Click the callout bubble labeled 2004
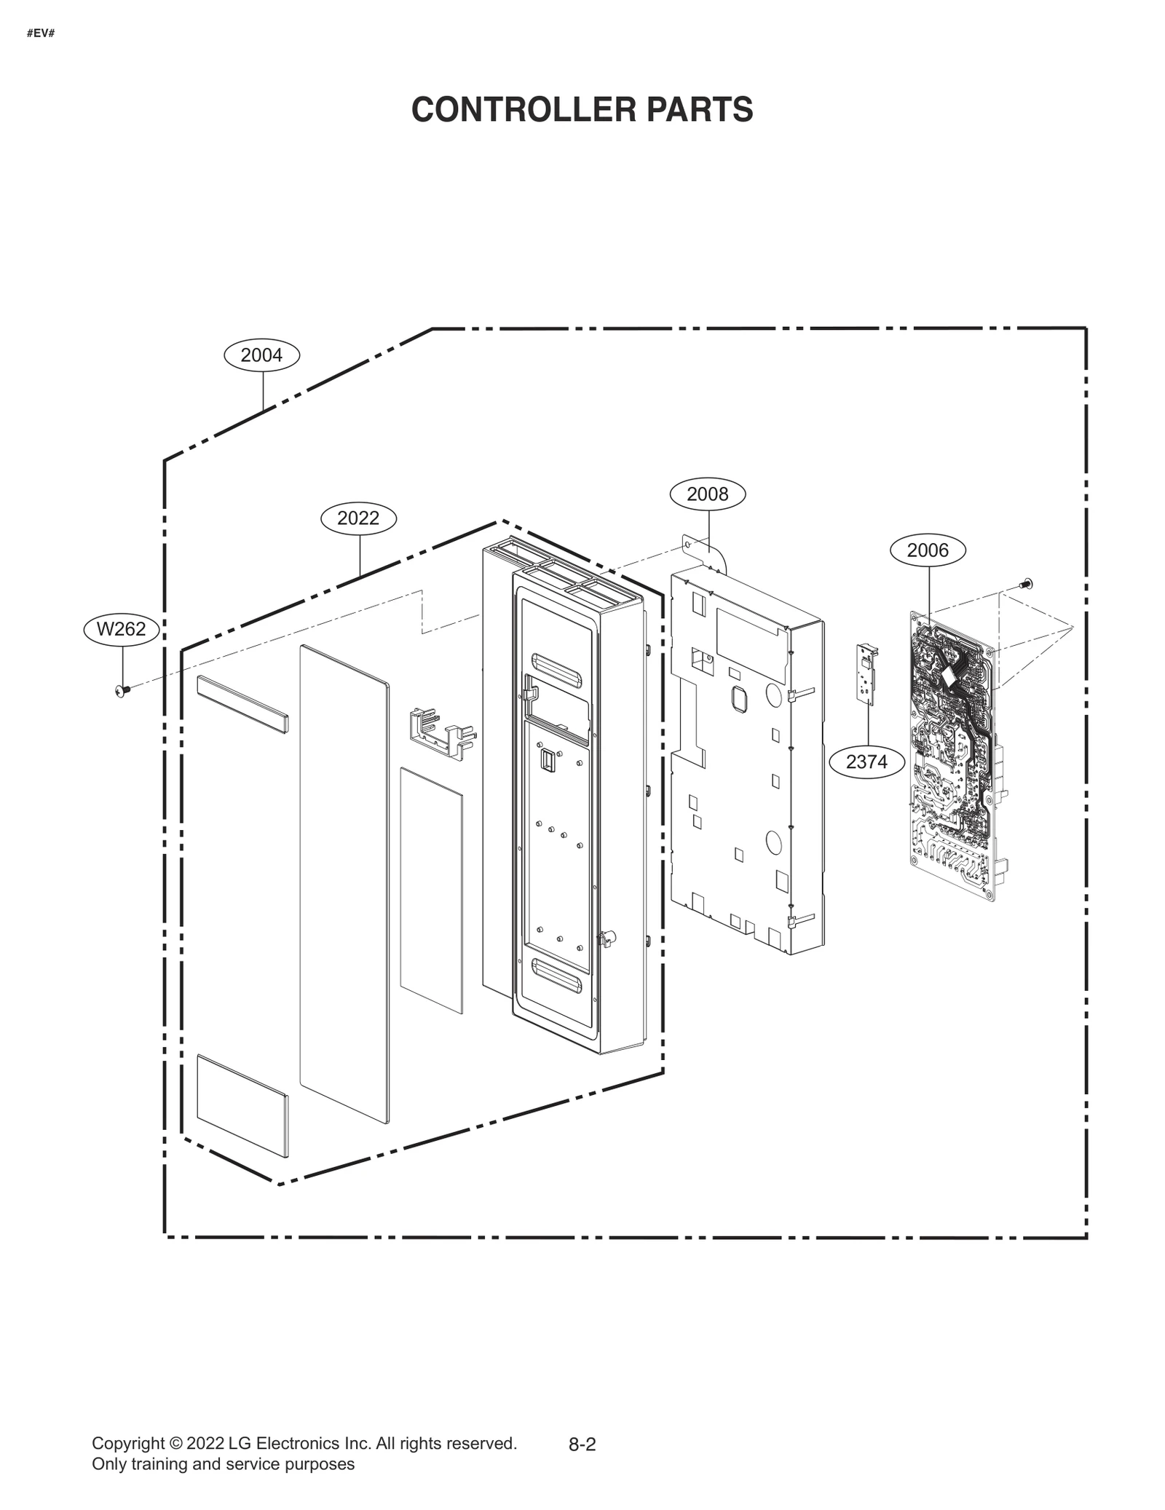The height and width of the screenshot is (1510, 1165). pos(261,355)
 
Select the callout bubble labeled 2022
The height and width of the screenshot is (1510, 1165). pos(358,518)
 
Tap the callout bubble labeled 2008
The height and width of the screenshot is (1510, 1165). pos(707,494)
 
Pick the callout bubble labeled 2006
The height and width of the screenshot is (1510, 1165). pos(928,550)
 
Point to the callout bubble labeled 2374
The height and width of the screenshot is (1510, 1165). pos(866,762)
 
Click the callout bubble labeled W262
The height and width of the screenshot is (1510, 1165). pos(121,629)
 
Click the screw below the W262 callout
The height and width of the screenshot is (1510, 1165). pos(122,689)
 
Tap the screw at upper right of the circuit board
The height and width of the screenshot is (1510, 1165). pos(1027,583)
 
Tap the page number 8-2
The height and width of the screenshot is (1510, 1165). pos(582,1445)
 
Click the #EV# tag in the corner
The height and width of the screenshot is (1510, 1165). pos(41,34)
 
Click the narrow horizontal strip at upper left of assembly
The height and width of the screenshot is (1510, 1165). pos(242,703)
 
